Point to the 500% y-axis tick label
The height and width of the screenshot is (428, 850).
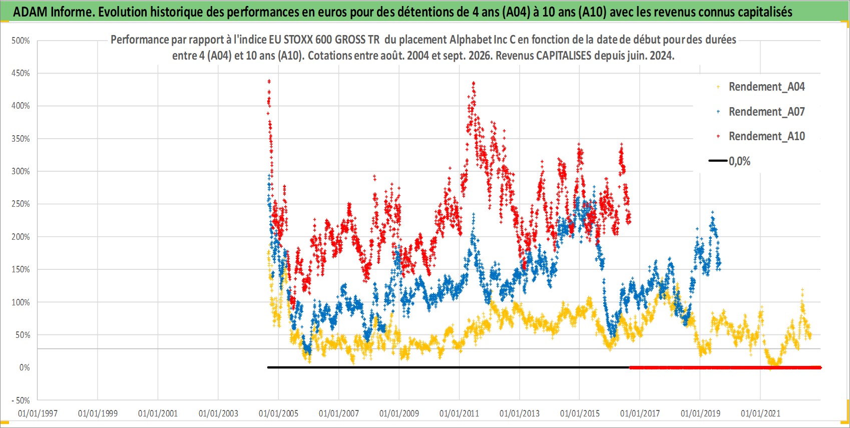coord(21,41)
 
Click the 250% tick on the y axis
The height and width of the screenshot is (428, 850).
coord(21,204)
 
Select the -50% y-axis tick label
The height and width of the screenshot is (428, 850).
coord(21,400)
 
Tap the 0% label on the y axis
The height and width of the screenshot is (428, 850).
coord(25,367)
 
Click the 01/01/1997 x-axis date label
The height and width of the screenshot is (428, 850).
coord(38,413)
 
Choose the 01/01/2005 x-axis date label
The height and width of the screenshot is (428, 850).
coord(278,413)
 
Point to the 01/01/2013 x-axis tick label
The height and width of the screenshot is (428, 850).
coord(520,413)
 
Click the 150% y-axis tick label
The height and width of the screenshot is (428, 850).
coord(21,269)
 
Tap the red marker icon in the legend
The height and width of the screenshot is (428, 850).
coord(718,136)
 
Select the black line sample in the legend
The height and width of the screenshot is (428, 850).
coord(718,161)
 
